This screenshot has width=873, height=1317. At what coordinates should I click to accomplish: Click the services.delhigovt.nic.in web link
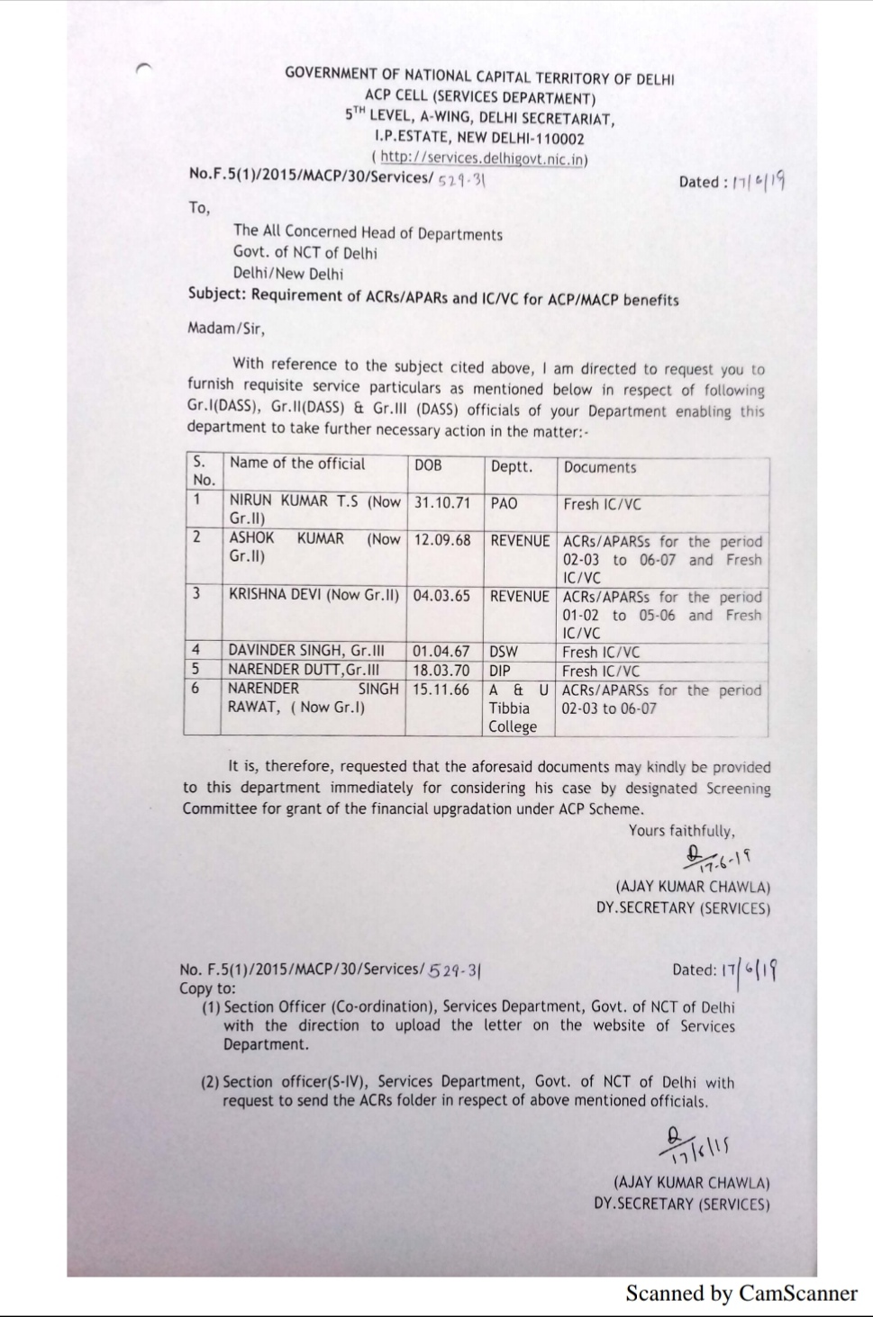tap(483, 158)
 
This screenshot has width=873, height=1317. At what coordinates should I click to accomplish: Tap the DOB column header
tap(428, 465)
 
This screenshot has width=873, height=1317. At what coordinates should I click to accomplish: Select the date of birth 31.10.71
tap(442, 503)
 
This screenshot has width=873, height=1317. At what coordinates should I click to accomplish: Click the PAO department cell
tap(504, 504)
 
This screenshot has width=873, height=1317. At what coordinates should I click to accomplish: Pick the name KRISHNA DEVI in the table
tap(276, 596)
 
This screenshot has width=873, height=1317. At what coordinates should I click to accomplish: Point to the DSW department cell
tap(504, 651)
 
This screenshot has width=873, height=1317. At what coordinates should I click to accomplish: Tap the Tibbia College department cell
tap(513, 717)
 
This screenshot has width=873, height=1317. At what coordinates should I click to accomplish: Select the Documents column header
tap(599, 467)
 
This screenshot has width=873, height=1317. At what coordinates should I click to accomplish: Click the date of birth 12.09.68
tap(441, 540)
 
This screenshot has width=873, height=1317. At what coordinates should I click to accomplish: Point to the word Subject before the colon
tap(216, 294)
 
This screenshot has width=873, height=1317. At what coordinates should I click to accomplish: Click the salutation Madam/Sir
tap(226, 329)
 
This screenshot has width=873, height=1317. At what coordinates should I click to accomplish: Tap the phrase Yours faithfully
tap(681, 831)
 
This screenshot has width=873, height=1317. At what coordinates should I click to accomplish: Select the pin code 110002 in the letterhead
tap(561, 139)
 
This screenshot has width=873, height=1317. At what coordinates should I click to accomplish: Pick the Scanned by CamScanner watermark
tap(741, 1294)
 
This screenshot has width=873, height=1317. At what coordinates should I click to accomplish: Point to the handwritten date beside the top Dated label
tap(759, 181)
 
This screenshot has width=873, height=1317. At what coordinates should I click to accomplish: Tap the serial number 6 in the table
tap(196, 689)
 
